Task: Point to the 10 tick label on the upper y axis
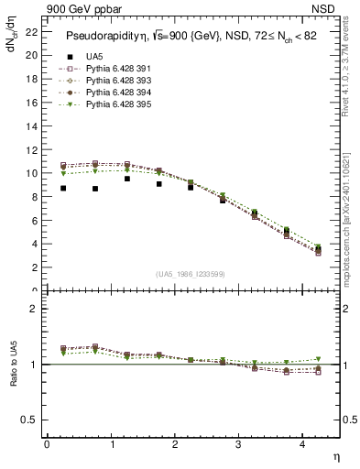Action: tap(31, 173)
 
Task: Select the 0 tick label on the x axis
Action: tap(47, 445)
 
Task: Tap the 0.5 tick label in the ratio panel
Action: tap(29, 420)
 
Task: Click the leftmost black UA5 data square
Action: tap(63, 188)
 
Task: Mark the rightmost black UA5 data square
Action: tap(318, 248)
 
